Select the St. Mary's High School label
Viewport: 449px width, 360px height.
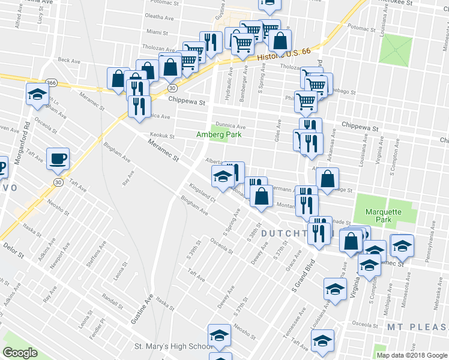pyautogui.click(x=173, y=346)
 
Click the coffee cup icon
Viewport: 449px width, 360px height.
pyautogui.click(x=58, y=158)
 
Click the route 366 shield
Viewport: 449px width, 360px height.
pyautogui.click(x=52, y=82)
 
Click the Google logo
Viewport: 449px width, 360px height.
pyautogui.click(x=20, y=352)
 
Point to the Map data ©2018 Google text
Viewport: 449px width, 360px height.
pyautogui.click(x=412, y=355)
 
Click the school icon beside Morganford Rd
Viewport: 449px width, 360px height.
pyautogui.click(x=37, y=94)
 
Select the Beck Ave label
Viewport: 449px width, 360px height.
pyautogui.click(x=69, y=60)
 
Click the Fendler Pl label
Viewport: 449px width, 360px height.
pyautogui.click(x=100, y=328)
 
